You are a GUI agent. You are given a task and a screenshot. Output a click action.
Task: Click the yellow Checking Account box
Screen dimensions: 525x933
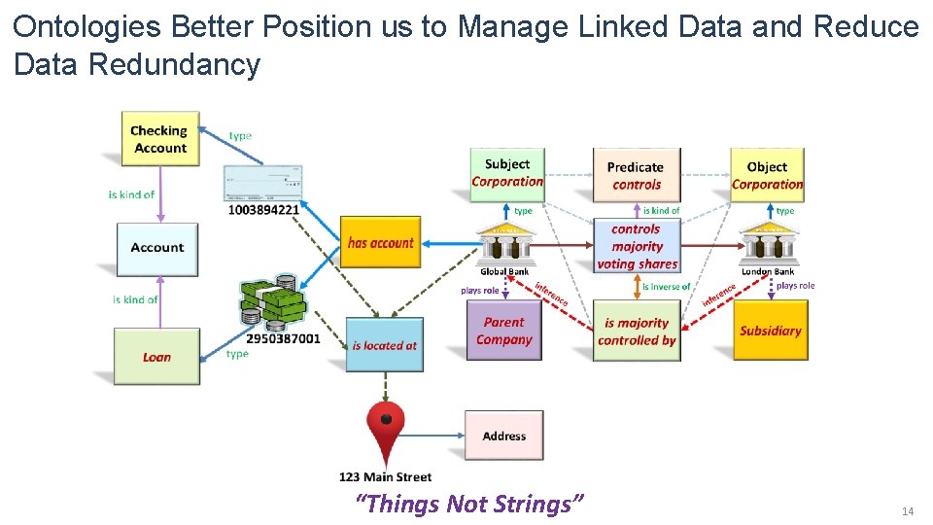click(159, 139)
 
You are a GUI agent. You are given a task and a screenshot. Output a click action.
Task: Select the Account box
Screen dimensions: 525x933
click(156, 248)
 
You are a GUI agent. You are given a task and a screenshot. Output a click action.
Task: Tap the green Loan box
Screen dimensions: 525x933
click(156, 357)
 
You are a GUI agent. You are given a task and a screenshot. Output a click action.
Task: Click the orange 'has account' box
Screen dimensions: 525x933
click(380, 243)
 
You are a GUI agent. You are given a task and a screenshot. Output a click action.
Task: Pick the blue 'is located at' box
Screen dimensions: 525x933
click(384, 344)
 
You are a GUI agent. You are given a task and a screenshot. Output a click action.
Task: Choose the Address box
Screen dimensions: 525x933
click(503, 436)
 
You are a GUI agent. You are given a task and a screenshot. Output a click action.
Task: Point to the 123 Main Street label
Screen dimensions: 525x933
click(385, 477)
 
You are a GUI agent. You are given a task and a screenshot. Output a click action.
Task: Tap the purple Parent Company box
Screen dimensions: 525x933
click(503, 332)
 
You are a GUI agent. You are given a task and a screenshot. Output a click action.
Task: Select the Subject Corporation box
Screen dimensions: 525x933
click(506, 173)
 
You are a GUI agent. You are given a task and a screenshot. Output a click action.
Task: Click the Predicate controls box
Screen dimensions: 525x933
click(636, 175)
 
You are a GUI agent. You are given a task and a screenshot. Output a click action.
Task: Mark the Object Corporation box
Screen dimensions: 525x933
click(767, 175)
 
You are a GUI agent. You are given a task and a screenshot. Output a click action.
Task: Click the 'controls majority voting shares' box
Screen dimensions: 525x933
click(637, 247)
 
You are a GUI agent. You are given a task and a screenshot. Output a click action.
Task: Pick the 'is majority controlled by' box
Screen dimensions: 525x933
click(637, 332)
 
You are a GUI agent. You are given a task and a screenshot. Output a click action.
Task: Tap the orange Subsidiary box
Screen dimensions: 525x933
click(770, 331)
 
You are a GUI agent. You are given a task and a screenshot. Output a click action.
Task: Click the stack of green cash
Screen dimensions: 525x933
click(273, 301)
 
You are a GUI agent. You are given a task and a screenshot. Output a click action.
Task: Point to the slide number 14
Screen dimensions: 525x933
click(909, 511)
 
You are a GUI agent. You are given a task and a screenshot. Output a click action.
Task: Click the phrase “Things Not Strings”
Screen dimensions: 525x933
click(469, 504)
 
